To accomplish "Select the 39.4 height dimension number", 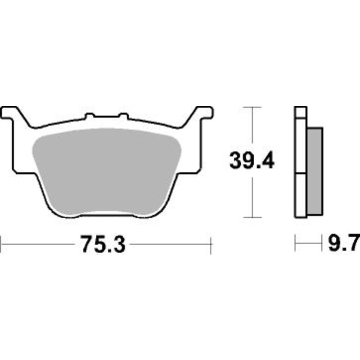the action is pyautogui.click(x=252, y=161).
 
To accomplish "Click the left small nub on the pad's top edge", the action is pyautogui.click(x=90, y=116).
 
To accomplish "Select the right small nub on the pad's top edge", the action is pyautogui.click(x=123, y=116).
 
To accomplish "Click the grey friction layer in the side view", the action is pyautogui.click(x=315, y=171).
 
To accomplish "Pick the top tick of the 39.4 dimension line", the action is pyautogui.click(x=252, y=107).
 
